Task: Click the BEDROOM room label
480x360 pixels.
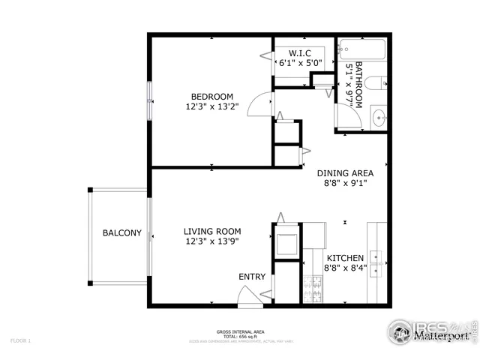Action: coord(211,97)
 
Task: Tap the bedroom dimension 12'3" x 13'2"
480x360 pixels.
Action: coord(211,106)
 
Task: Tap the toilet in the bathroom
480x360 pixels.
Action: coord(379,85)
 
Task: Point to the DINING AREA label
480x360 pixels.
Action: coord(344,172)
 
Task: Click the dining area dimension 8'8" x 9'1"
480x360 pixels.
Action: coord(344,181)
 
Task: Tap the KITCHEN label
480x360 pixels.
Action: coord(344,256)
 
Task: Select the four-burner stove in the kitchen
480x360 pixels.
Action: coord(311,289)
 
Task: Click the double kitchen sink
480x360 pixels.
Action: coord(376,258)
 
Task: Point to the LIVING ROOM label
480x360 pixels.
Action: coord(213,232)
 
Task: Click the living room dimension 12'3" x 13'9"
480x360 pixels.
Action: coord(213,241)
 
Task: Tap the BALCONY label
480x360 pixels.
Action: coord(121,233)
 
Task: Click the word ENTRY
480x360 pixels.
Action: coord(252,277)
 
